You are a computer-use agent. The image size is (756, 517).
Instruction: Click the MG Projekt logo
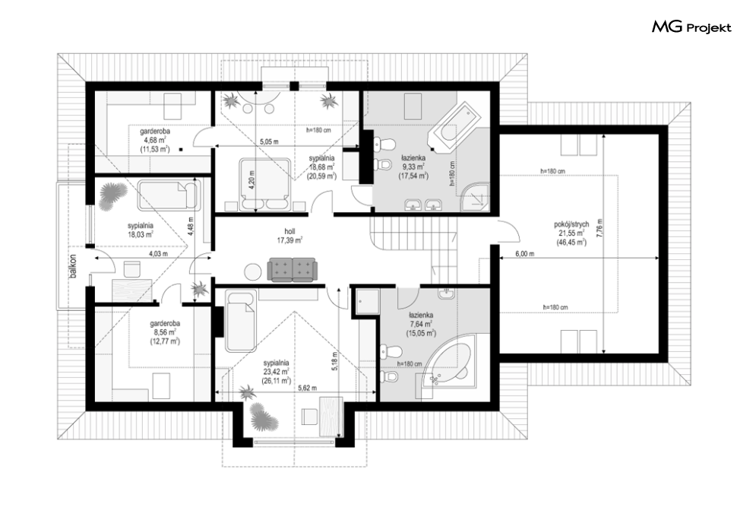point(691,27)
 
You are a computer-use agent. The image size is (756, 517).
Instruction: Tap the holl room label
point(289,231)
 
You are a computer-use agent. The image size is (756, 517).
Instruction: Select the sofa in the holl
point(293,270)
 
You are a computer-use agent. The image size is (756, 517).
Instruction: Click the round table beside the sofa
point(252,272)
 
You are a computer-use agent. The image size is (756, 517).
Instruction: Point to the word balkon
point(73,266)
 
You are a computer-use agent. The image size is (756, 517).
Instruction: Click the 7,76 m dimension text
point(599,230)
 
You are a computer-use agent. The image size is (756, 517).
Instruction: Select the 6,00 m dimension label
point(525,254)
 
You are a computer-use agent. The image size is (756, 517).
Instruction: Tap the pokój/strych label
point(571,224)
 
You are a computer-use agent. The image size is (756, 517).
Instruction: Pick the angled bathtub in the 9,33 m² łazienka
point(454,126)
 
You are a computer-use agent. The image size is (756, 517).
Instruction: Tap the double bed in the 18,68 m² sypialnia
point(264,185)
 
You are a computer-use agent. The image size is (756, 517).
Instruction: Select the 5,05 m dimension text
point(270,141)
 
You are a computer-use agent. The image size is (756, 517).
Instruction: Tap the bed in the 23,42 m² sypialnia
point(240,321)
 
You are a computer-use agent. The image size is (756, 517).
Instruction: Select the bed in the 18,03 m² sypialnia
point(167,195)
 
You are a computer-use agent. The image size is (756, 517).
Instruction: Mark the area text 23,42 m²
point(277,371)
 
